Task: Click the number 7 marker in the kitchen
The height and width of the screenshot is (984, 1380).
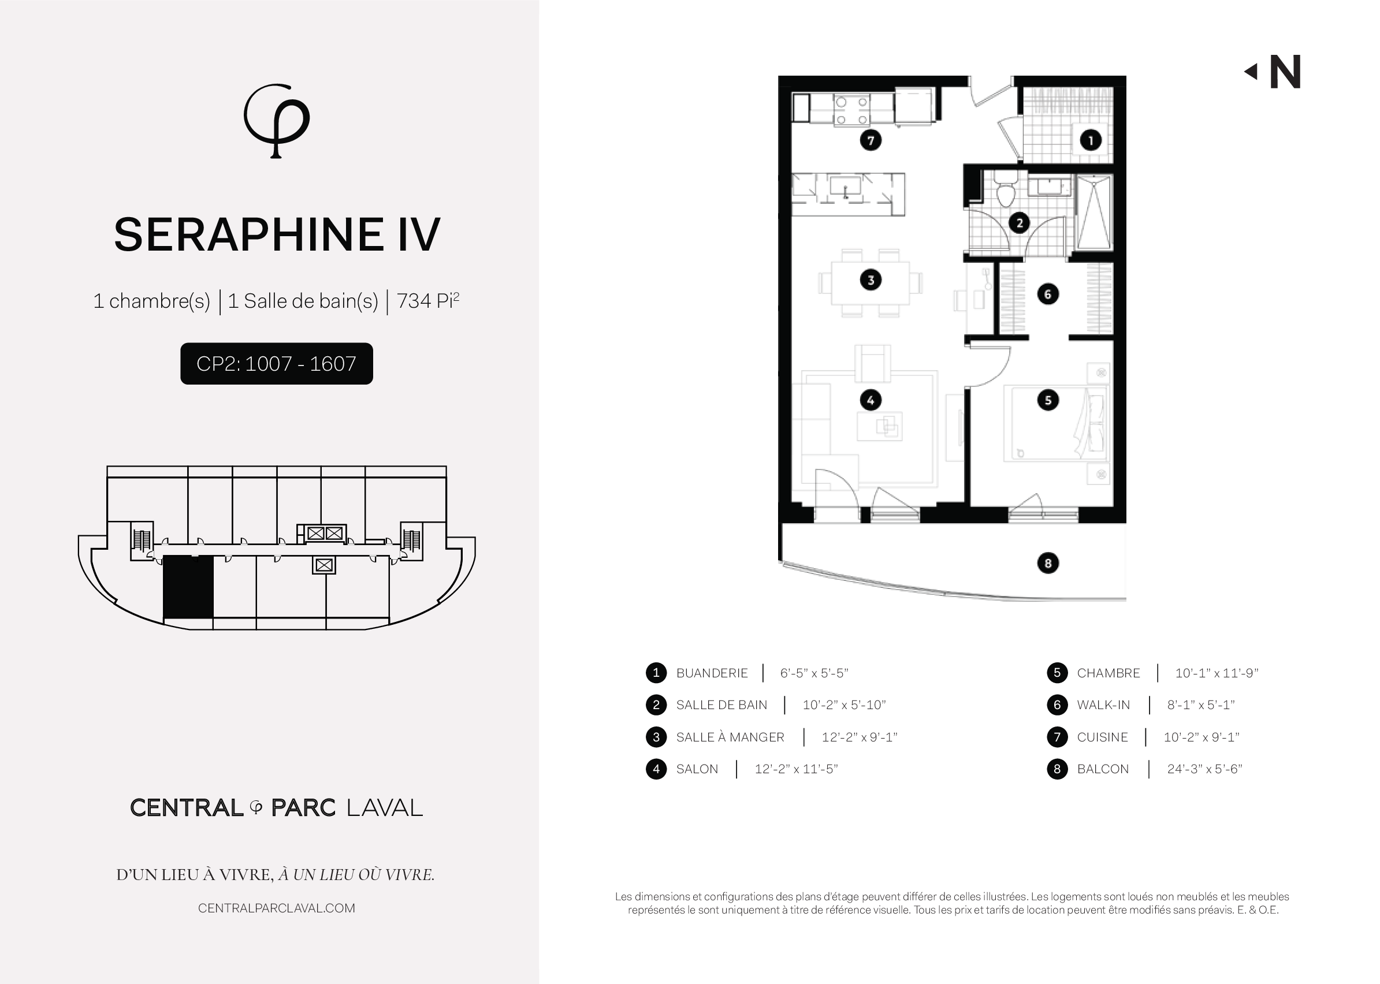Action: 871,140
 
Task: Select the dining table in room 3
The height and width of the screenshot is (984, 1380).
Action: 871,282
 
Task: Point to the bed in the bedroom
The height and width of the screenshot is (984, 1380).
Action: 1055,423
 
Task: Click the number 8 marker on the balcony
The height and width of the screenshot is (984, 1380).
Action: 1048,564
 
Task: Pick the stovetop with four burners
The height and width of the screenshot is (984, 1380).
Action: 851,110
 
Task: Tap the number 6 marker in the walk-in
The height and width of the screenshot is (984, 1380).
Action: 1048,295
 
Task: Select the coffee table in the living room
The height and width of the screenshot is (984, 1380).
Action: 879,426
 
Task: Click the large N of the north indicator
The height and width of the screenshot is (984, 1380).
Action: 1285,72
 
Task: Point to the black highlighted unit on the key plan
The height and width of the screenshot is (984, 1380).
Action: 188,587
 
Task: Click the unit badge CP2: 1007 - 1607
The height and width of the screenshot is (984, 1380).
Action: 276,364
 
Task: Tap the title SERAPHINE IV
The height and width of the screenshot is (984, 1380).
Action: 277,234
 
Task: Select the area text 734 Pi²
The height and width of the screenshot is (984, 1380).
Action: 428,300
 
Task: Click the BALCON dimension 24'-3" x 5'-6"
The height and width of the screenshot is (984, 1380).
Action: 1204,769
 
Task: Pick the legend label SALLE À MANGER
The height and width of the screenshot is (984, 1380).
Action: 730,737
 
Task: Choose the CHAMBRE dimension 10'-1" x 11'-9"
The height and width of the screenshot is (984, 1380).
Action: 1217,673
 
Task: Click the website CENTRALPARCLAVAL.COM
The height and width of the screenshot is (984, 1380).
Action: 276,908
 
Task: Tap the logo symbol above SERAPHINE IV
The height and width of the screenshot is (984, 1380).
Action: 276,121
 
